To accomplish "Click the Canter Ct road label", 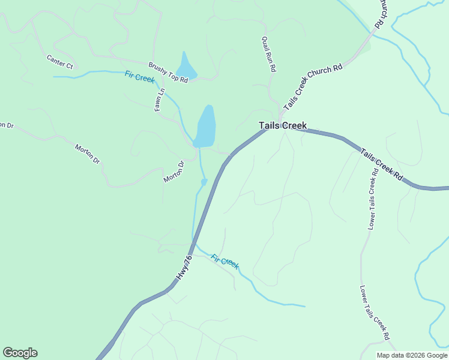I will click(59, 61).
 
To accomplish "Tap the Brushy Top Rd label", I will click(168, 72).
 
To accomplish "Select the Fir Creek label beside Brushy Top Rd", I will click(139, 77).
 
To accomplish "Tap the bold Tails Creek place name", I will click(283, 125).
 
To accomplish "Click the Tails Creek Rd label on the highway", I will click(382, 166).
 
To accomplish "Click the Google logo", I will click(20, 353).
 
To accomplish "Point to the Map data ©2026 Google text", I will click(412, 355).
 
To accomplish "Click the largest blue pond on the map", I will click(205, 127).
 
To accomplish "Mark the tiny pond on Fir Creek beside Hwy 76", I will click(204, 181).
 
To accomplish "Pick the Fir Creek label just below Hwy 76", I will click(225, 261).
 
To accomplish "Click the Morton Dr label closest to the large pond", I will click(173, 172).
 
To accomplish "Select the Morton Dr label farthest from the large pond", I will click(88, 154).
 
